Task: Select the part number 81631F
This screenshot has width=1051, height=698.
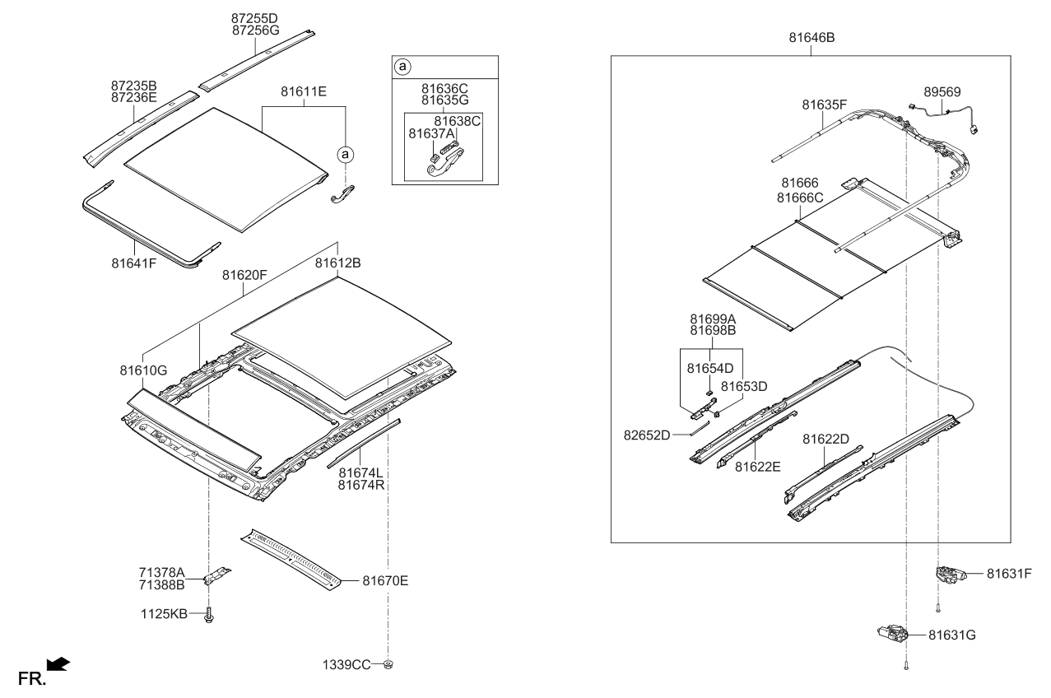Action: (1009, 574)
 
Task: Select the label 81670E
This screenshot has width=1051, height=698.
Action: (385, 580)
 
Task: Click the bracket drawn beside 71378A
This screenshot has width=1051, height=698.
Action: (218, 575)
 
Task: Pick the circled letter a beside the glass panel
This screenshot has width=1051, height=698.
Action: (346, 153)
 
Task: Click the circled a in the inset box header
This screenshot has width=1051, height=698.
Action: (402, 65)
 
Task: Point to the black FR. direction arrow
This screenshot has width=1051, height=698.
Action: (58, 663)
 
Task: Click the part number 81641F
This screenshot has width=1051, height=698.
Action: (134, 264)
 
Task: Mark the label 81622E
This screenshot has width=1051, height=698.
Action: (758, 467)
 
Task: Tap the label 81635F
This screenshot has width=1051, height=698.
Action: (825, 105)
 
